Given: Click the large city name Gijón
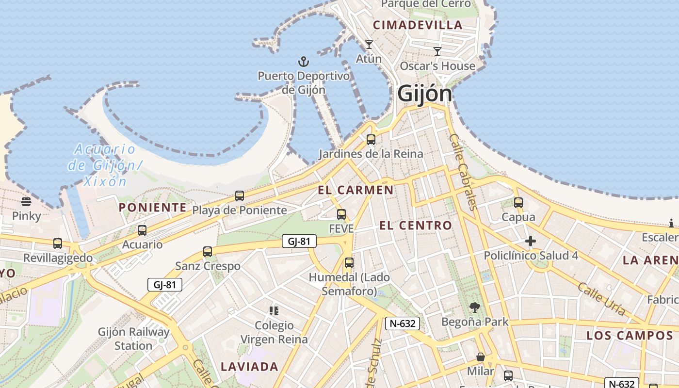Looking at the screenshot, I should point(424,94).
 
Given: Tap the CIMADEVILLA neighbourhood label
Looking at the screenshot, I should point(418,25).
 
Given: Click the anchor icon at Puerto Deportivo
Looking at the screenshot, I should point(303,62).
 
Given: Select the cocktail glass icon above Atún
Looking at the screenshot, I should point(369,45).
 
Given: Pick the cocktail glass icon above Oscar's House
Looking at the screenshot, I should point(437,51).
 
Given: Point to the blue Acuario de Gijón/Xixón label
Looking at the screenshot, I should point(105,165).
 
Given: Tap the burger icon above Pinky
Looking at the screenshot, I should point(26,202).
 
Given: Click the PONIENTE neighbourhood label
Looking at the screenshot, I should point(153,208).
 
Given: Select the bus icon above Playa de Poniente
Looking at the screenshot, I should point(239,196).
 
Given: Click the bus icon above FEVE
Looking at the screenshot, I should point(341,214).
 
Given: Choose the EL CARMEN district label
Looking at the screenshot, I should point(356,190).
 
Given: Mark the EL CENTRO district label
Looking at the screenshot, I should point(416,226).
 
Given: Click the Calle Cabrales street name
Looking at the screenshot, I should point(464,172).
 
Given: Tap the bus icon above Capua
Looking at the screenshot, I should point(518,203).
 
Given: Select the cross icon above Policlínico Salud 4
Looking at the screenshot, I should point(531,241).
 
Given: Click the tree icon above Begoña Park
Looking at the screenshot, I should point(474,307).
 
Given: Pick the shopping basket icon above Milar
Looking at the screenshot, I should point(480,357).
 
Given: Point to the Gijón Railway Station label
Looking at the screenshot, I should point(133,339).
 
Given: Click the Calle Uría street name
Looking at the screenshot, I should point(601,299).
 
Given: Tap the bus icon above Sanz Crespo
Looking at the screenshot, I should point(208,252).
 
